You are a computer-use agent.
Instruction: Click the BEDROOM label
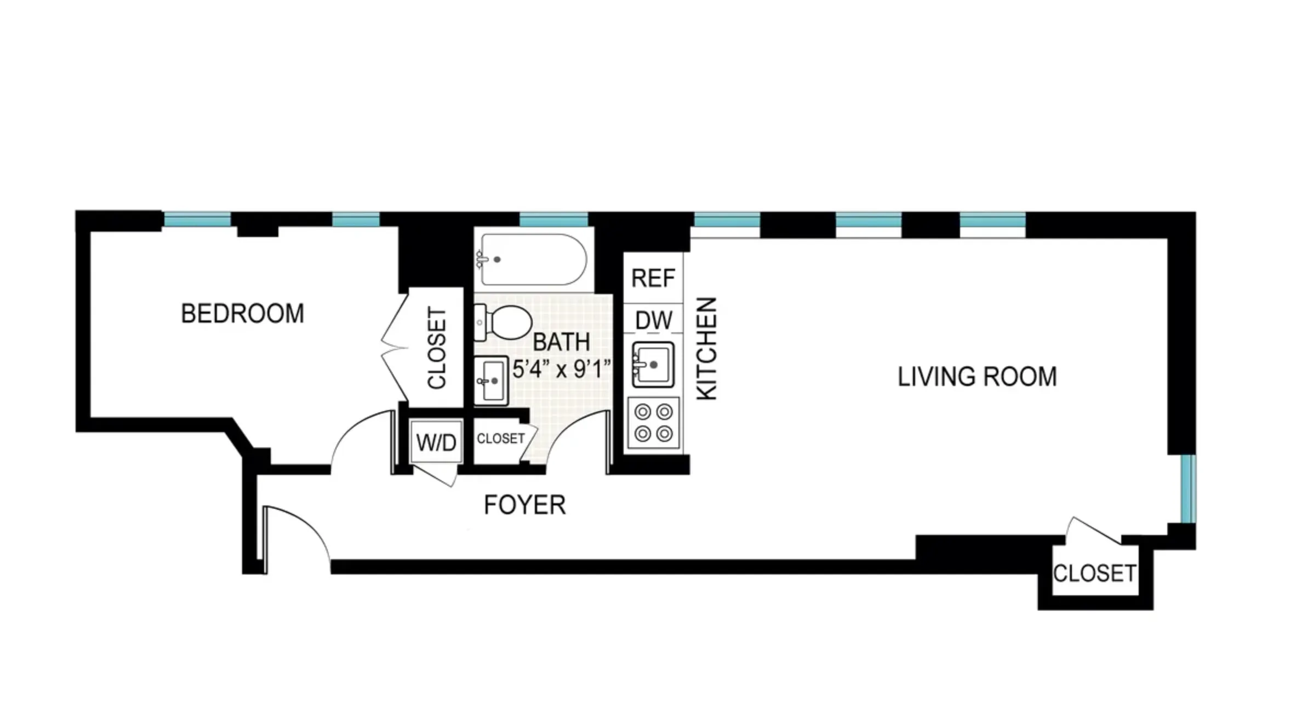point(242,314)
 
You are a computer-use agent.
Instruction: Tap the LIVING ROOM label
point(977,377)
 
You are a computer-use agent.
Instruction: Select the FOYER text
point(524,504)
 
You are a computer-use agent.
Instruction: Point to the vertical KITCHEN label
point(706,348)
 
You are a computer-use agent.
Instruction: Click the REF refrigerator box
point(653,278)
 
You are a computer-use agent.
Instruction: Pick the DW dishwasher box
point(653,320)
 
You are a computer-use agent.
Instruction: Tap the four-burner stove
point(653,423)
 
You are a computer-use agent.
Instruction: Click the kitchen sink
point(653,364)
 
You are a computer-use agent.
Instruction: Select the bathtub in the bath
point(533,260)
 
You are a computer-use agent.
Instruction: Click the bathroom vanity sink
point(491,381)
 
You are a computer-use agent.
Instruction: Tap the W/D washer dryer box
point(436,442)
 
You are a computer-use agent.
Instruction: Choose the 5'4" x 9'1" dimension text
point(561,369)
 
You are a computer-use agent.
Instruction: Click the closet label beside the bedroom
point(437,348)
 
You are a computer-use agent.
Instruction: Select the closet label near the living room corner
point(1094,573)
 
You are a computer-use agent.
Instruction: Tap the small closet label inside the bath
point(500,439)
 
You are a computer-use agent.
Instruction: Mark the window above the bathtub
point(553,221)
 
